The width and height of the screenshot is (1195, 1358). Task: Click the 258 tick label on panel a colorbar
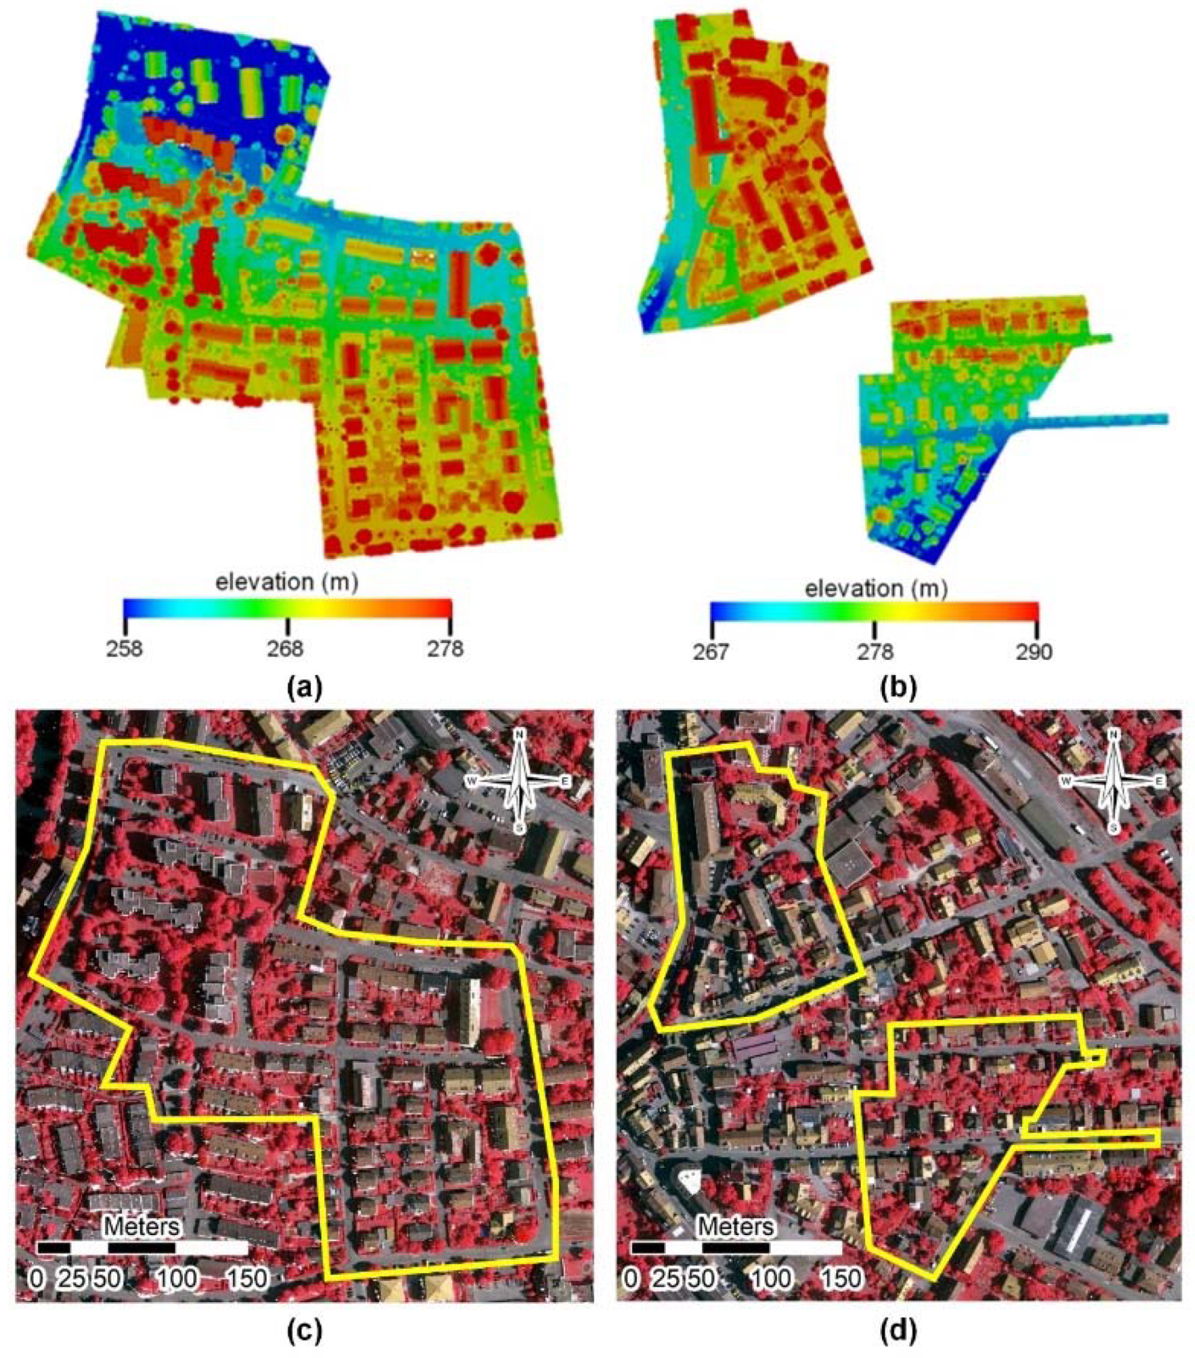[x=124, y=648]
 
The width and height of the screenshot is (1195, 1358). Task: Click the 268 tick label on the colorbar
[x=287, y=648]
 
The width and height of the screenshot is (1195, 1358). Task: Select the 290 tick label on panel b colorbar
[x=1034, y=652]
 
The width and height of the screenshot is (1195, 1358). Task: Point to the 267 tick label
[x=711, y=652]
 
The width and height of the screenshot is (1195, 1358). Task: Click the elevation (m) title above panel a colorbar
[x=287, y=582]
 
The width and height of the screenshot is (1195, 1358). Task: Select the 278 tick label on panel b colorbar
[x=876, y=652]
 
